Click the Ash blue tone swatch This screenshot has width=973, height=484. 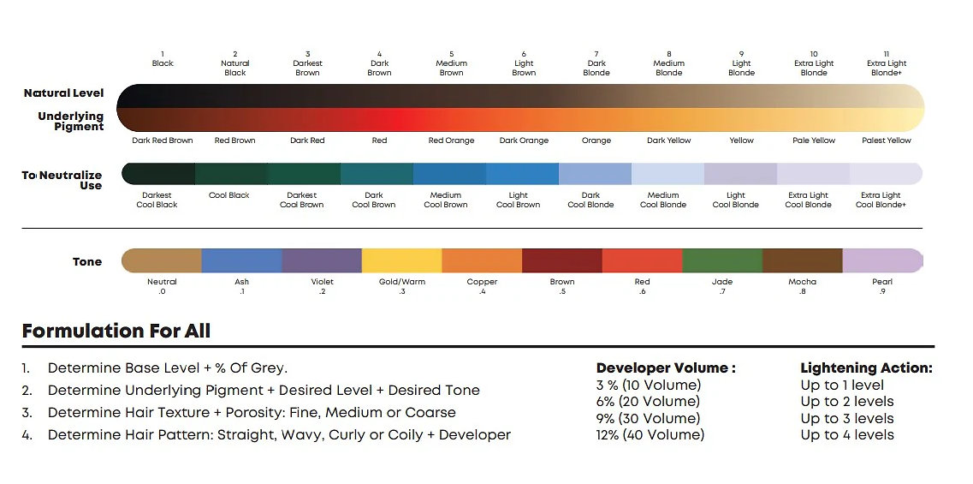coord(242,260)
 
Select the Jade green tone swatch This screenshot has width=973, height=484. coord(722,260)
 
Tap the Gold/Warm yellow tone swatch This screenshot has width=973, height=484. coord(402,260)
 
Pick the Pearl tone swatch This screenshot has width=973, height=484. coord(882,260)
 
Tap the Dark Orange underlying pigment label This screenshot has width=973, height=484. coord(524,140)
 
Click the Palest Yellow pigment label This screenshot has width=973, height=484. coord(887,140)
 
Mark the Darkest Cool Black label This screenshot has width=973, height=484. coord(157,200)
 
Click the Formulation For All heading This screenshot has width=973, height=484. coord(116,331)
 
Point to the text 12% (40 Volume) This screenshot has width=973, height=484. coord(650,434)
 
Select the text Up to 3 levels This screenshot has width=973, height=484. coord(847,418)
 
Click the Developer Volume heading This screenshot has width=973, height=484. coord(666,368)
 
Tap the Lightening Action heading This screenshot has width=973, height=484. coord(866,368)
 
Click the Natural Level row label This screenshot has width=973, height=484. coord(64,93)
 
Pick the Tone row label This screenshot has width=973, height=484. coord(87,262)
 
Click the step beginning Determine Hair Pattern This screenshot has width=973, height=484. coord(279,434)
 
